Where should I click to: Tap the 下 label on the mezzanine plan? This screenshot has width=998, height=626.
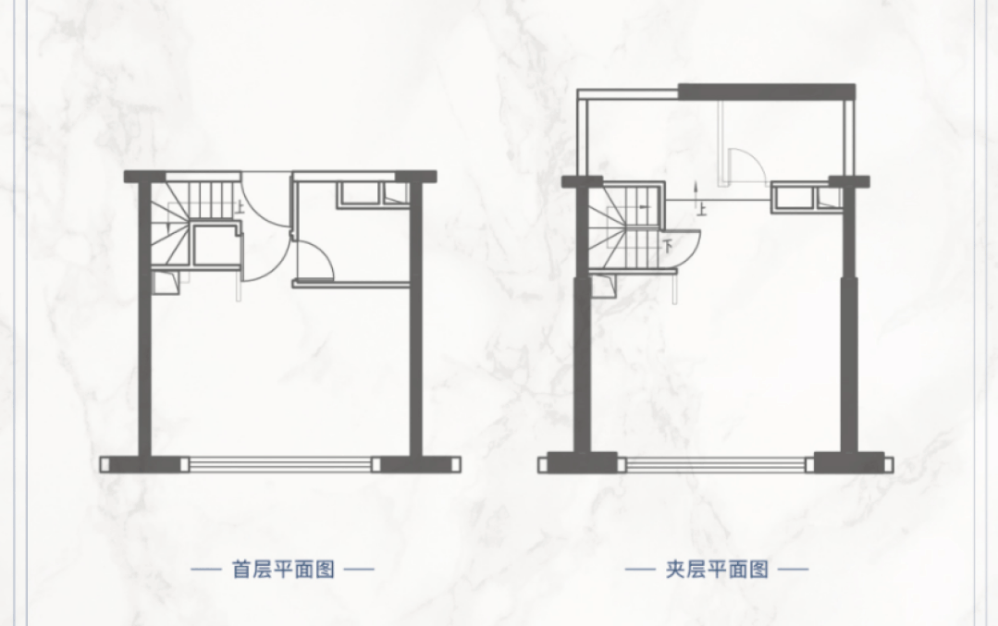click(669, 247)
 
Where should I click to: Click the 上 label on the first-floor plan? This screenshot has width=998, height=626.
click(240, 208)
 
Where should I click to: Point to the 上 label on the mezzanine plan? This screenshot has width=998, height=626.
click(701, 209)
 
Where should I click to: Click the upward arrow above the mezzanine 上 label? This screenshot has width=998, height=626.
click(695, 191)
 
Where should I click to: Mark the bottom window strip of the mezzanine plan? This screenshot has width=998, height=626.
click(716, 463)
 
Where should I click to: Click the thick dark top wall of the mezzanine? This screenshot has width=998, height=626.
click(766, 91)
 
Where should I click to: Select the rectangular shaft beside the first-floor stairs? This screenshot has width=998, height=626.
click(216, 248)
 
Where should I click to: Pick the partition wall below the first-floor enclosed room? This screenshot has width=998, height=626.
click(351, 284)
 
